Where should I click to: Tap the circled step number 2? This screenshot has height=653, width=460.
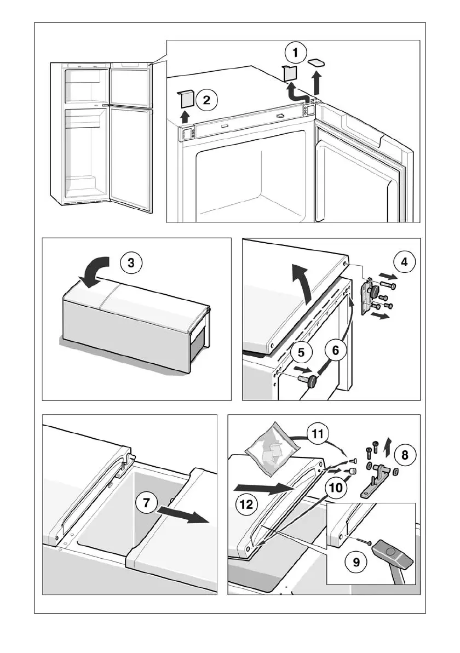pyautogui.click(x=206, y=100)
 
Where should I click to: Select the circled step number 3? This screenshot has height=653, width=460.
pyautogui.click(x=130, y=263)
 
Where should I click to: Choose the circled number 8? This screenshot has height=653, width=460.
pyautogui.click(x=404, y=454)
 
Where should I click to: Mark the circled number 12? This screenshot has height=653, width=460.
pyautogui.click(x=246, y=503)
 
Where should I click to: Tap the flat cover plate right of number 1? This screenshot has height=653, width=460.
pyautogui.click(x=317, y=63)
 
